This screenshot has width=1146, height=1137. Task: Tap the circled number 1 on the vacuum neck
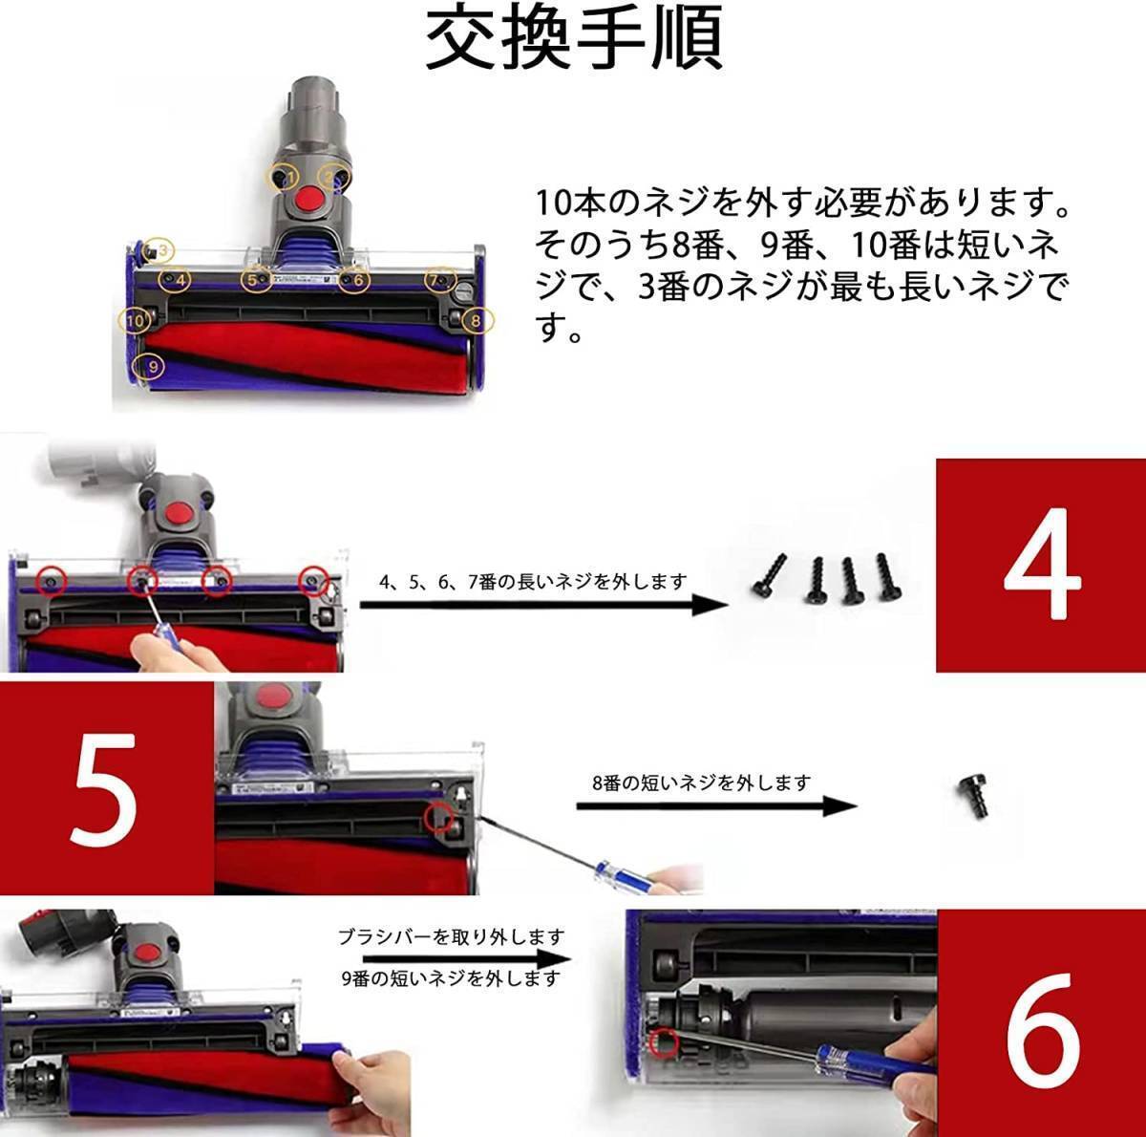[x=283, y=177]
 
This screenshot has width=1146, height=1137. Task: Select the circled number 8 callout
[x=478, y=321]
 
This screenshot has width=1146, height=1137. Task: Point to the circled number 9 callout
[x=149, y=366]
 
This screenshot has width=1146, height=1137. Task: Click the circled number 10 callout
[x=134, y=321]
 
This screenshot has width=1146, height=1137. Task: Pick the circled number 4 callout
[x=175, y=280]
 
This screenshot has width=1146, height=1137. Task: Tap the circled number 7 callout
[x=440, y=280]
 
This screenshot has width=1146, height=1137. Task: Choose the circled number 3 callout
[x=158, y=250]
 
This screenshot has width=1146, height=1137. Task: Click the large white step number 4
[x=1042, y=565]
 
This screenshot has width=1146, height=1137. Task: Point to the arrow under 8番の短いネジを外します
[x=716, y=806]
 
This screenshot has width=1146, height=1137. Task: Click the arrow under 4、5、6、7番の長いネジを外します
[x=544, y=605]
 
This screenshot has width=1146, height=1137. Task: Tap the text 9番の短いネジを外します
[x=451, y=978]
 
